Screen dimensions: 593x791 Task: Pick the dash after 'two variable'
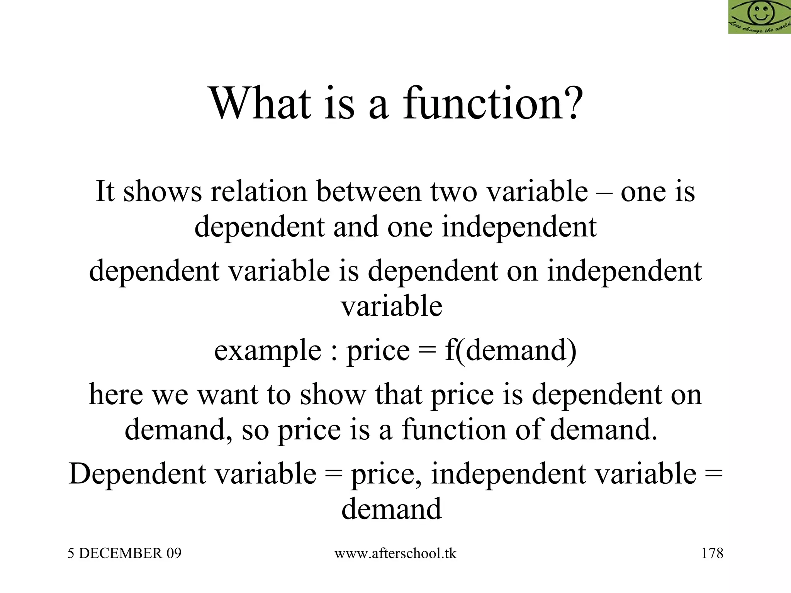coord(604,192)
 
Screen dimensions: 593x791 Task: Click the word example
coord(268,350)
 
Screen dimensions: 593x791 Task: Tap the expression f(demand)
coord(511,350)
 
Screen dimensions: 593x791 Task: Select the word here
coord(116,395)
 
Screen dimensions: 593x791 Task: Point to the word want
coord(228,395)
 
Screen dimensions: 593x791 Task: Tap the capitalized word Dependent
coord(138,474)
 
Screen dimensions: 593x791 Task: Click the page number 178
coord(712,553)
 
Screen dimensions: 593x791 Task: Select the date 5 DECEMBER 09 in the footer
coord(124,553)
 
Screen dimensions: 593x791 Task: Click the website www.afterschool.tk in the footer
coord(395,553)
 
